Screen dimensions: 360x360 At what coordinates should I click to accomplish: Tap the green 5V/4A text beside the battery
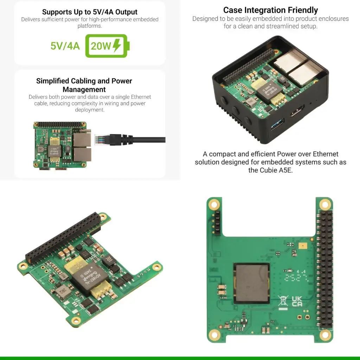[65, 46]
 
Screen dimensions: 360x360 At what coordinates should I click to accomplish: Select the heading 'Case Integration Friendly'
[270, 10]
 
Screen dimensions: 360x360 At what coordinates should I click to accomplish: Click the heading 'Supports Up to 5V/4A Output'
[90, 12]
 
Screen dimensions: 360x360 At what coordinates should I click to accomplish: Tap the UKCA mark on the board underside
[297, 301]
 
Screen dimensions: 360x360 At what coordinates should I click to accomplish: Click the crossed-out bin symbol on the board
[282, 301]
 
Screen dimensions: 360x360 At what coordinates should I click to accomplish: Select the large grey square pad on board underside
[252, 283]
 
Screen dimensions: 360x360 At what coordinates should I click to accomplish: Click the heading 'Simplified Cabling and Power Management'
[84, 85]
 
